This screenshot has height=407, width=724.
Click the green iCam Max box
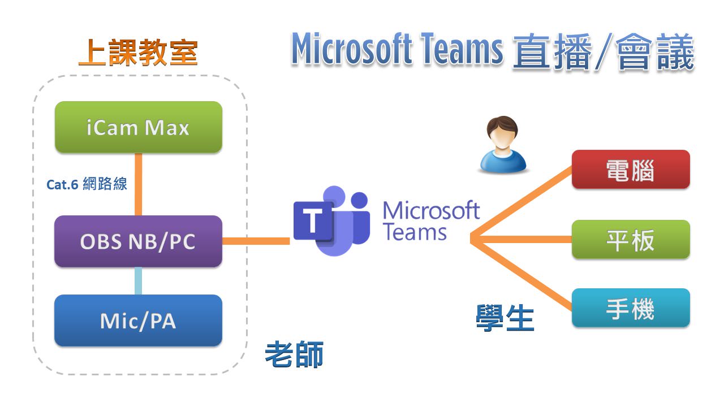click(x=138, y=127)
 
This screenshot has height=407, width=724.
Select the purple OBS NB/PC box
click(x=138, y=241)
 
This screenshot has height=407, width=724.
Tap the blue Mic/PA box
click(x=138, y=321)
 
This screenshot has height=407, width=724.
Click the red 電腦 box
click(x=630, y=170)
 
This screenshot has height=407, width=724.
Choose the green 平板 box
click(x=630, y=240)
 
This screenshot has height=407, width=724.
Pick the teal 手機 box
click(x=630, y=308)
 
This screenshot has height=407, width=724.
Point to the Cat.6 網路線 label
click(x=87, y=184)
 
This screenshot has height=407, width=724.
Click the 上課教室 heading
click(x=138, y=53)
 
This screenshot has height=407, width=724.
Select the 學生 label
click(x=505, y=318)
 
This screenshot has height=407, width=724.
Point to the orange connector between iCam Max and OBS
click(x=138, y=184)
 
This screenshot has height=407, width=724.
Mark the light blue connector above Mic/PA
click(x=138, y=280)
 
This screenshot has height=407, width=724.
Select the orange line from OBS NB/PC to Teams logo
click(x=256, y=241)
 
